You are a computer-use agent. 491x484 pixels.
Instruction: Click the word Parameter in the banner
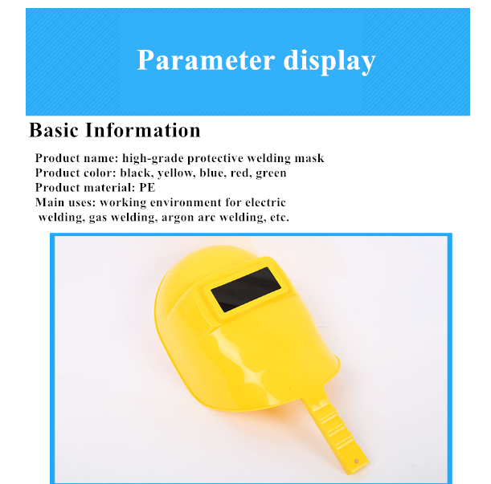pos(206,60)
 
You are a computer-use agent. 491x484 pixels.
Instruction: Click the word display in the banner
pos(329,62)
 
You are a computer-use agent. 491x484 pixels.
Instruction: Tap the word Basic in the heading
pos(54,130)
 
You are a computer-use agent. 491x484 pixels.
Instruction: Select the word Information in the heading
pos(143,130)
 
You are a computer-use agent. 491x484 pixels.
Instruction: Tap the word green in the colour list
pos(271,174)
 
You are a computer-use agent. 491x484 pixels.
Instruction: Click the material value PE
pos(147,188)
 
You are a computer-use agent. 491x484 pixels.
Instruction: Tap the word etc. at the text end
pos(280,218)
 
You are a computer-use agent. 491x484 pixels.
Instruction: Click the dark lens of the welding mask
pos(246,290)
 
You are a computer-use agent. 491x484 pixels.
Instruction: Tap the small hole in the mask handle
pos(356,461)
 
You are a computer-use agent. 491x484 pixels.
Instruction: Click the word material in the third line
pos(109,188)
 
